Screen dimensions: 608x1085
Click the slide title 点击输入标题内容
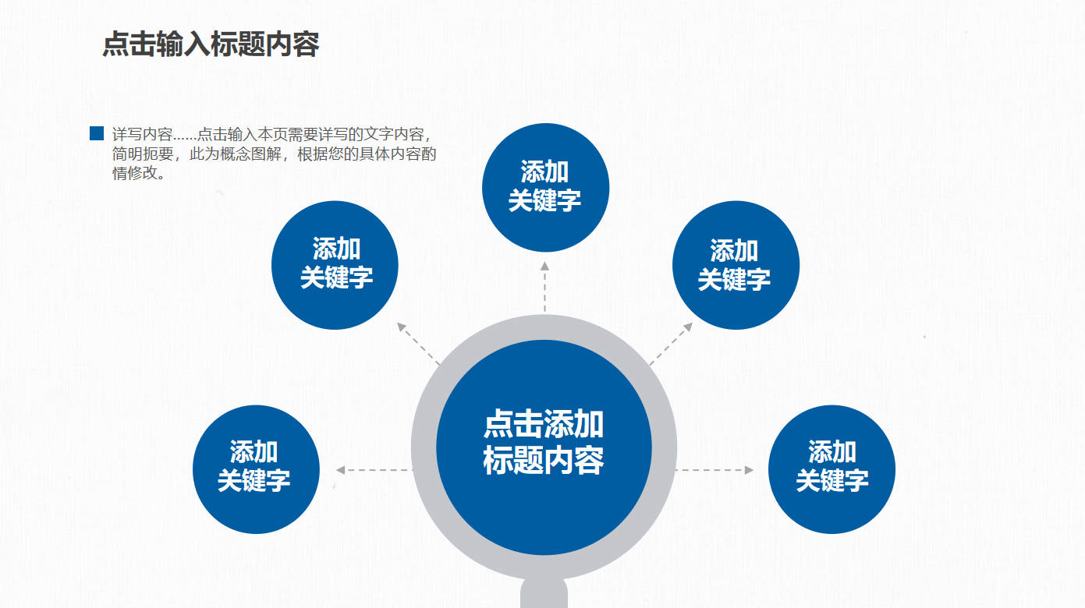(x=211, y=44)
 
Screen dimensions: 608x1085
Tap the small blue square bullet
(x=97, y=134)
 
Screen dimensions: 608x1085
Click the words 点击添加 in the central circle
(x=544, y=425)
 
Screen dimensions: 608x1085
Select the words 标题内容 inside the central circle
(x=544, y=460)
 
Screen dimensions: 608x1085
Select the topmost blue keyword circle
(x=545, y=187)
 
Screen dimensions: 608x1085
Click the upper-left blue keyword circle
(x=335, y=265)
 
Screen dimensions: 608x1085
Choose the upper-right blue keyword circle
(x=735, y=265)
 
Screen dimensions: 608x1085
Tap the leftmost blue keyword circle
(x=255, y=469)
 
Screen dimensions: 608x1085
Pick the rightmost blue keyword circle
(x=831, y=469)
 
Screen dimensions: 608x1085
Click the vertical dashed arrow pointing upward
(x=544, y=287)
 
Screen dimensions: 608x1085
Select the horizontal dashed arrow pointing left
(x=373, y=470)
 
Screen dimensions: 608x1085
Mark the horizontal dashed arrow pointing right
(x=714, y=470)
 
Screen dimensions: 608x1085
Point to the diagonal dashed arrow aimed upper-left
(x=419, y=344)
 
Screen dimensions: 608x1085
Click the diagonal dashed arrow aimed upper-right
(x=671, y=344)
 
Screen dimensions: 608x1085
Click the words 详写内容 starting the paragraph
(x=142, y=134)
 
